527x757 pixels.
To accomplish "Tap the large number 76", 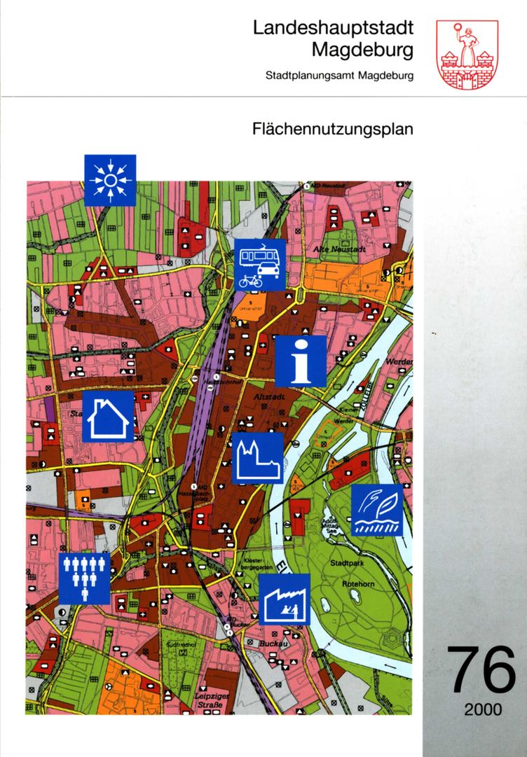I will click(x=482, y=671).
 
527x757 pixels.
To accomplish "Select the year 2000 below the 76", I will click(x=482, y=709).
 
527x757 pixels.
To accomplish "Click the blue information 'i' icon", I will click(x=301, y=361).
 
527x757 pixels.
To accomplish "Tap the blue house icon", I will click(x=108, y=417).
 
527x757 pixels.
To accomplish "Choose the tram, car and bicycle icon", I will click(x=260, y=264).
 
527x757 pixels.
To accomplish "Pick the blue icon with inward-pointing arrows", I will click(x=110, y=180).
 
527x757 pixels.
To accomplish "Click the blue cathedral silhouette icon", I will click(x=257, y=458).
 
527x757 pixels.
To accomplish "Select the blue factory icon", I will click(x=285, y=599).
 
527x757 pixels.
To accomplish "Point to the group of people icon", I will click(x=84, y=578).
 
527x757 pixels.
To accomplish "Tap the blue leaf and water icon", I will click(x=377, y=510).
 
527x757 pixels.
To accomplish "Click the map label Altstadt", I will click(x=266, y=397).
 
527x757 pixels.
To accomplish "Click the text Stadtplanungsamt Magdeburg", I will click(x=340, y=75).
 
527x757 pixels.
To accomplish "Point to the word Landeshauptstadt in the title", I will click(x=333, y=28).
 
